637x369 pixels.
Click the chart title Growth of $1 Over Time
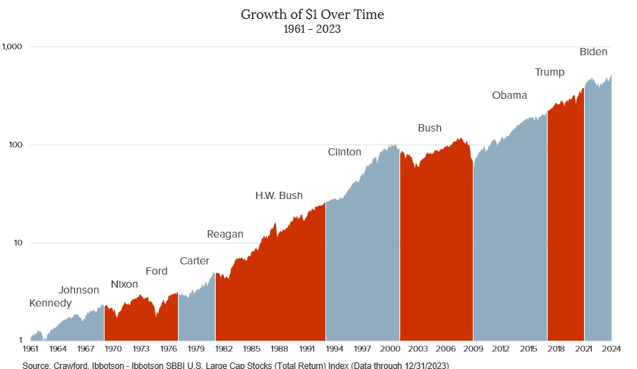point(312,15)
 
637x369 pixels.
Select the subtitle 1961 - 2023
point(312,30)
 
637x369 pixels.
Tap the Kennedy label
point(50,303)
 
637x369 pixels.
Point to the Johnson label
point(78,290)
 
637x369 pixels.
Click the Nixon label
point(124,284)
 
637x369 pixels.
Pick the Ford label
point(156,271)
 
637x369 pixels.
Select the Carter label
point(194,261)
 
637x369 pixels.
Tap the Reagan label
point(225,234)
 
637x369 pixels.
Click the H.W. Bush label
point(279,195)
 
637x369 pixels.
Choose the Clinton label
point(344,152)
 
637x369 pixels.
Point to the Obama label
point(509,95)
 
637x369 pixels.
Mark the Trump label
point(549,72)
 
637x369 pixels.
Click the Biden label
point(593,52)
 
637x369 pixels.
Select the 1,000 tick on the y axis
point(13,46)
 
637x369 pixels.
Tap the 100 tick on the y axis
point(17,145)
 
